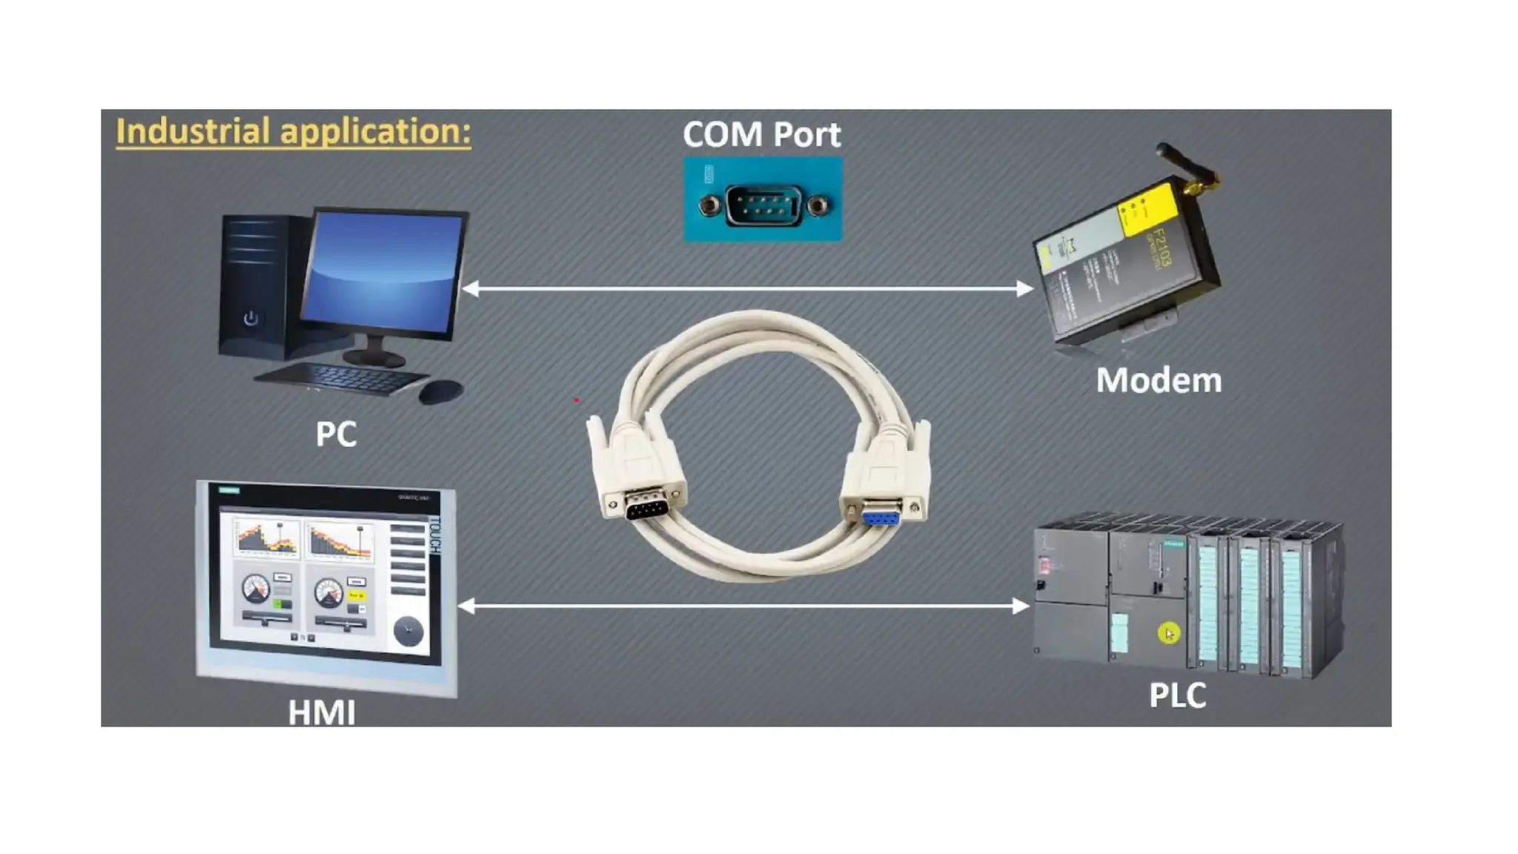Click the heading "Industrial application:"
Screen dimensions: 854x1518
point(293,131)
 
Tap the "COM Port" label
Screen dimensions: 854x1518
point(761,134)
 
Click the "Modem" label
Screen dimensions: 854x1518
point(1159,380)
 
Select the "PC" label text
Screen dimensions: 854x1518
point(336,434)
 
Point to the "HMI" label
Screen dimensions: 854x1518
point(321,712)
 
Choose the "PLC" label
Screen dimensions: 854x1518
point(1177,695)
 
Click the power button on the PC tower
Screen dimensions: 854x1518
point(251,319)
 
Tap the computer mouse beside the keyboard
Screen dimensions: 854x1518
point(441,391)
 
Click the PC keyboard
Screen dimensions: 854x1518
point(341,378)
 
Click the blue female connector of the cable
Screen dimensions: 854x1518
point(881,514)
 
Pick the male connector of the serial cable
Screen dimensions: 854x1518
point(645,509)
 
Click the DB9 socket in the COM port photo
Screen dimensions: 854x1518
point(763,205)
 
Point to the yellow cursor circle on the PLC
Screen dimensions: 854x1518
point(1168,634)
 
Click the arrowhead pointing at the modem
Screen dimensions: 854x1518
point(1025,288)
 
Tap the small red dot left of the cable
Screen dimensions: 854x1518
point(576,400)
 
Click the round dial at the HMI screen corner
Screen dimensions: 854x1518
point(408,631)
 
